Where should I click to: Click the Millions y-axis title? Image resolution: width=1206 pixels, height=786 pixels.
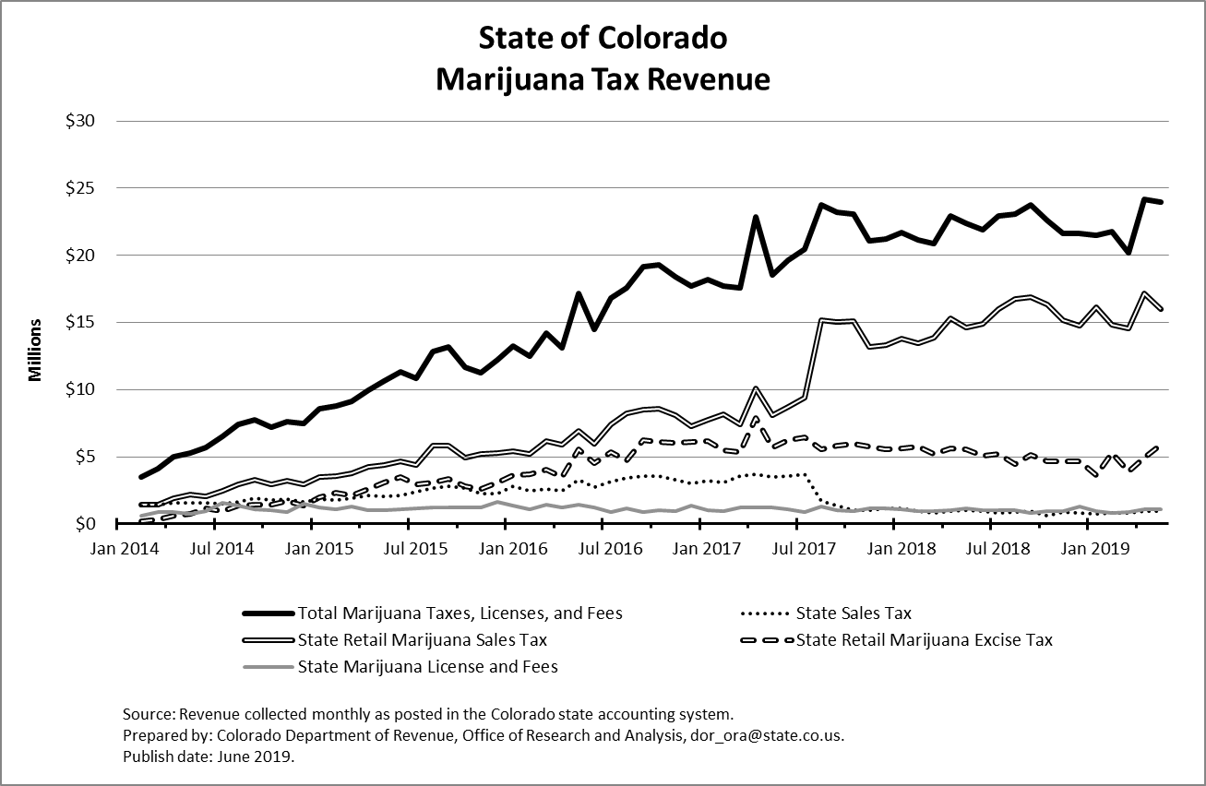pyautogui.click(x=35, y=350)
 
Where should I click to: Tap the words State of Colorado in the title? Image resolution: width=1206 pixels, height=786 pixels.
pyautogui.click(x=603, y=39)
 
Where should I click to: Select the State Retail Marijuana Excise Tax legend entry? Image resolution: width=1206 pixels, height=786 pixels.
pyautogui.click(x=924, y=639)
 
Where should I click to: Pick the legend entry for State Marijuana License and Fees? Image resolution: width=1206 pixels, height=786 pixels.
pyautogui.click(x=427, y=666)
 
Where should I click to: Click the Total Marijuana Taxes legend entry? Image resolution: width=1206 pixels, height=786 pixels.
pyautogui.click(x=460, y=613)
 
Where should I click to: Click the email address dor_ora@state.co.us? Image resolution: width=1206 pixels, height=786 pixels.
pyautogui.click(x=769, y=736)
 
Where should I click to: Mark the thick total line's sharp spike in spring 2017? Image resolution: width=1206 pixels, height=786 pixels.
pyautogui.click(x=756, y=218)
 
